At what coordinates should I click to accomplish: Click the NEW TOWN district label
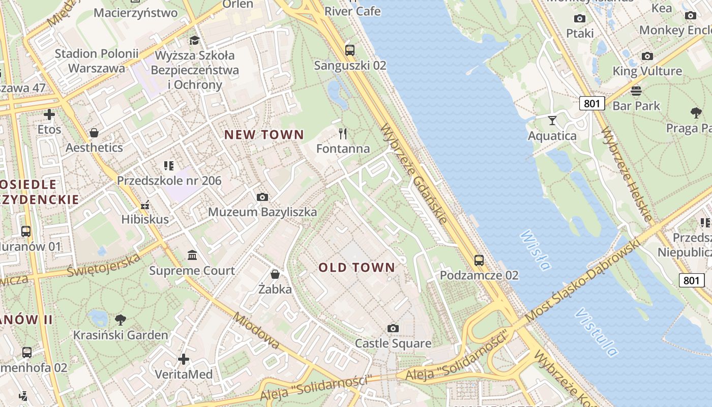[264, 135]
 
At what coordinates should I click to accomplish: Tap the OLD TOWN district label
[357, 268]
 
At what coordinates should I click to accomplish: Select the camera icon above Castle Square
[393, 328]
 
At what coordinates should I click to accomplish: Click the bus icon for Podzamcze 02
[479, 260]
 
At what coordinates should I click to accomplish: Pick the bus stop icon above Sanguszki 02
[350, 50]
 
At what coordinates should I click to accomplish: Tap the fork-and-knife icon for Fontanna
[343, 134]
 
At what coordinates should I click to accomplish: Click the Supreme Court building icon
[192, 255]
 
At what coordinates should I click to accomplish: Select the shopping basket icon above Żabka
[275, 274]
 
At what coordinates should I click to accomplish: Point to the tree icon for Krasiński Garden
[121, 319]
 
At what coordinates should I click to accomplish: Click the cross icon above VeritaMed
[184, 359]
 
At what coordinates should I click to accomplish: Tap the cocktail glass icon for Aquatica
[552, 121]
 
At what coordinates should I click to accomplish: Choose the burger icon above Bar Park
[636, 91]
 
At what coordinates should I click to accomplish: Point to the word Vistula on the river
[596, 332]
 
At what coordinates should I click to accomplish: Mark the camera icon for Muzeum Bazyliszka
[262, 197]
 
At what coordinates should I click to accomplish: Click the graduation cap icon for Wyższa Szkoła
[194, 40]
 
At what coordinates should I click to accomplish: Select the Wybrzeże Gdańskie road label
[413, 173]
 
